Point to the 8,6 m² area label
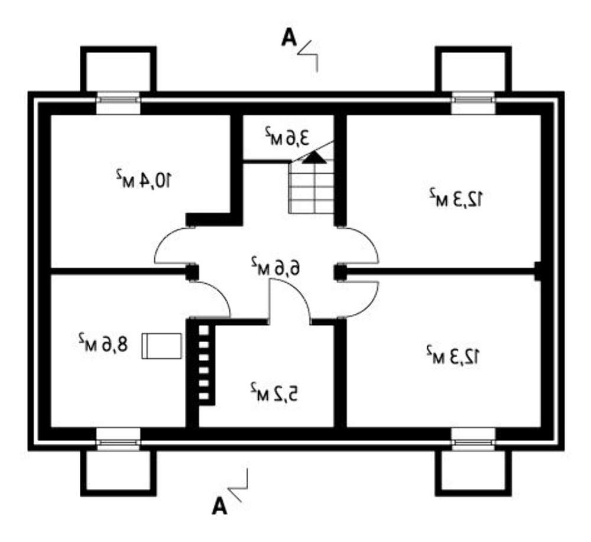tap(102, 343)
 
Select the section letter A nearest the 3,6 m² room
tap(288, 38)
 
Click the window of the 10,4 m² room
tap(118, 104)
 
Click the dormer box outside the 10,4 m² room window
tap(118, 70)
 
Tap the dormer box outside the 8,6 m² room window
tap(118, 472)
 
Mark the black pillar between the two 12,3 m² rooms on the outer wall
tap(538, 270)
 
